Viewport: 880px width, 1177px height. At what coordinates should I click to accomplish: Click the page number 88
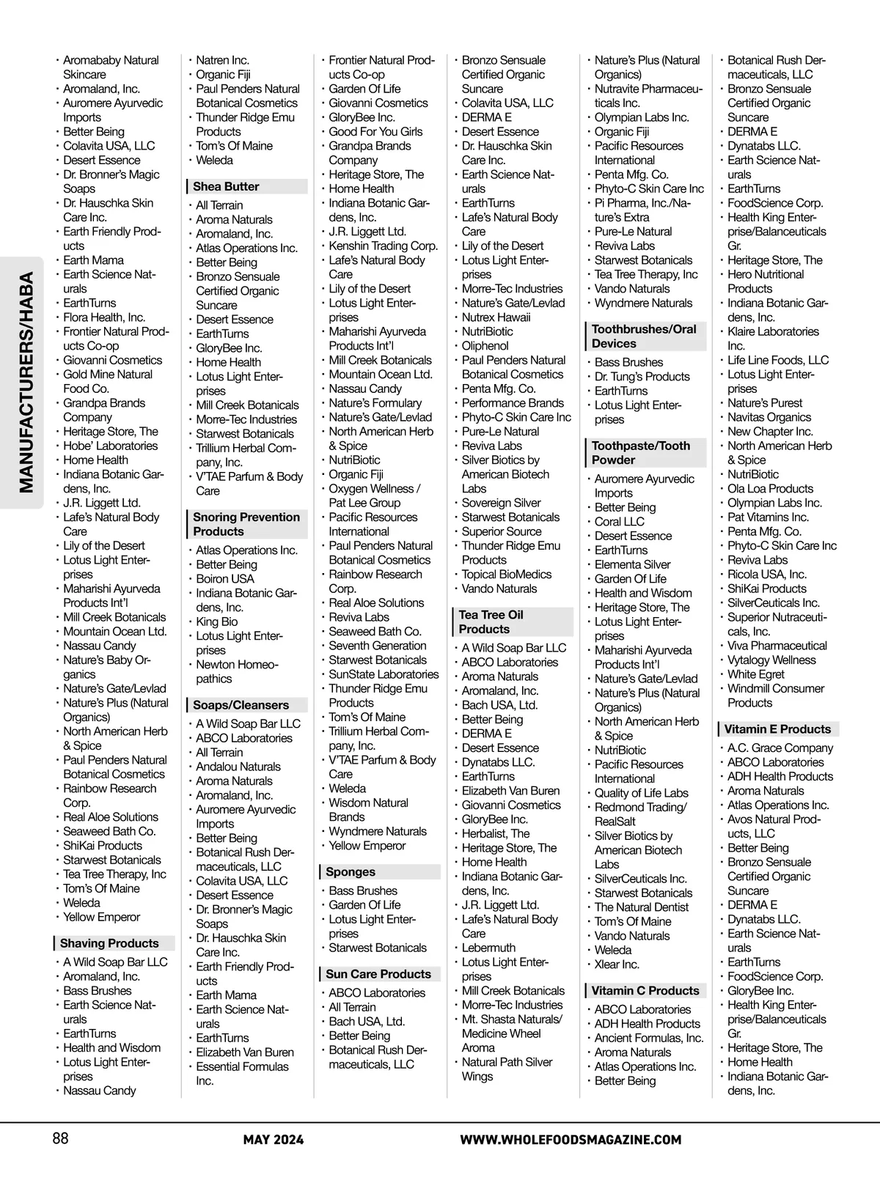[60, 1138]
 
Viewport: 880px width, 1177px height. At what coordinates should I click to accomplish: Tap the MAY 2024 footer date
[274, 1140]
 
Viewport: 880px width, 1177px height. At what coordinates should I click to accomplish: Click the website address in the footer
[571, 1140]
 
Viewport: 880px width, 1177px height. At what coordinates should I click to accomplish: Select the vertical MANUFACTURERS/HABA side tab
[26, 382]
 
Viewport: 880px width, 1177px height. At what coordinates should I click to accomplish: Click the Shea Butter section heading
[226, 187]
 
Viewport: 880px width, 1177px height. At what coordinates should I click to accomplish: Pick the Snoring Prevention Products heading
[246, 524]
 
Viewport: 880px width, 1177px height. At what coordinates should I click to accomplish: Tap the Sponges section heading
[351, 872]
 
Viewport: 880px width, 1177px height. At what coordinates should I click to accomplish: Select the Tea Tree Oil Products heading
[491, 622]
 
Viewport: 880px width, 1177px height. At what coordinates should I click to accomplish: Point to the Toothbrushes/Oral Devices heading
[643, 336]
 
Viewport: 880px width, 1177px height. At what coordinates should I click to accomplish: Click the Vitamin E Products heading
[777, 729]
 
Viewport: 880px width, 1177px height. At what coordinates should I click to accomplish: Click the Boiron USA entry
[224, 579]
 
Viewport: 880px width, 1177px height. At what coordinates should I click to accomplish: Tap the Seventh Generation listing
[377, 646]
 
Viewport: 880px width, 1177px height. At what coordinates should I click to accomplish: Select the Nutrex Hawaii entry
[496, 317]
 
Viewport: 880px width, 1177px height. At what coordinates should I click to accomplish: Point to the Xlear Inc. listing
[617, 964]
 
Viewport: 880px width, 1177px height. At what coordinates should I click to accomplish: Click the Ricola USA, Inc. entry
[766, 575]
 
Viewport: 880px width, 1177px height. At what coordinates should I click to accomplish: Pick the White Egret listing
[755, 674]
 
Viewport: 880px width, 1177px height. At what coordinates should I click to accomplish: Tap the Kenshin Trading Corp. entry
[383, 246]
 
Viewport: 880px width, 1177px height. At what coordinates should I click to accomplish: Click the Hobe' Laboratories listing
[110, 446]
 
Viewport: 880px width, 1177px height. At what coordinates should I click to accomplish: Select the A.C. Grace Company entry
[780, 748]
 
